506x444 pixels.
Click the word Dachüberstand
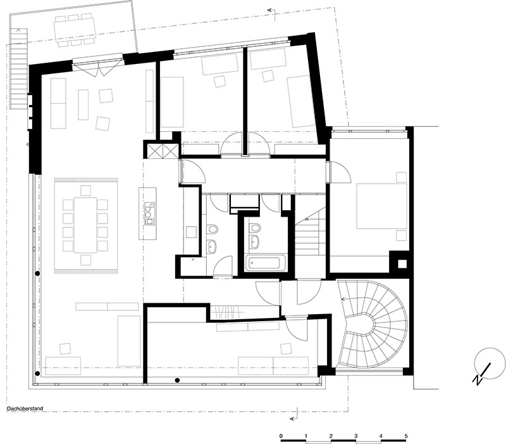[25, 409]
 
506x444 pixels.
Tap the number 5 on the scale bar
[406, 436]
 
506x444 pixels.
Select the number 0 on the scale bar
[281, 436]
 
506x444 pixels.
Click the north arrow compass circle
[490, 363]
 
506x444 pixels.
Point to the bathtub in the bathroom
[266, 263]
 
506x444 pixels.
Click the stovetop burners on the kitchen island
[149, 213]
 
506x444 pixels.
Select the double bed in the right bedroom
[382, 206]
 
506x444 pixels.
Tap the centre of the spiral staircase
[366, 322]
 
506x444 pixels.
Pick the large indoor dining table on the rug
[85, 225]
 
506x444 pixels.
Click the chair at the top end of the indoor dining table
[86, 191]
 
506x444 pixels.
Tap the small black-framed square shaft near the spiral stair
[402, 264]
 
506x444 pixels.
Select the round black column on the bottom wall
[177, 380]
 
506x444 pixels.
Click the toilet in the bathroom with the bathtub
[255, 228]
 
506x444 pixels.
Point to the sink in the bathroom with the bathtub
[255, 241]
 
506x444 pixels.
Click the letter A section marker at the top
[270, 10]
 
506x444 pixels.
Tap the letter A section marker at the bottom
[292, 419]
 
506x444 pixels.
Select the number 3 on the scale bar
[356, 436]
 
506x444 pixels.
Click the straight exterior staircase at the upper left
[18, 68]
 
